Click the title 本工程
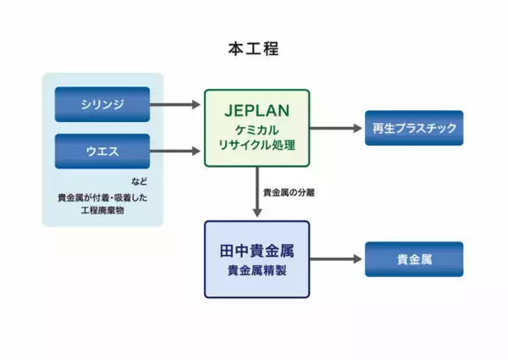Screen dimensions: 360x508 [253, 48]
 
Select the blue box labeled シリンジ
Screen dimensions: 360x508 [102, 104]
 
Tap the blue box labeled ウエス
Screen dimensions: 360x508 [102, 152]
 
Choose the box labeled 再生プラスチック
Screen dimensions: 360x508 [414, 128]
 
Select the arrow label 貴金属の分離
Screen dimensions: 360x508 [291, 192]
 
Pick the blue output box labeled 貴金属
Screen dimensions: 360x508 [414, 259]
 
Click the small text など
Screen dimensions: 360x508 [139, 183]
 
